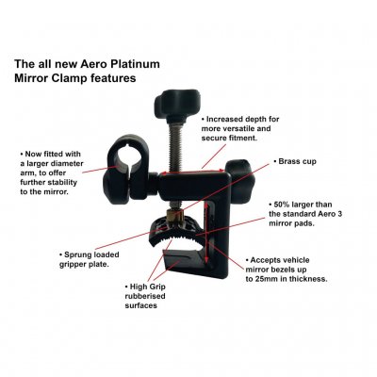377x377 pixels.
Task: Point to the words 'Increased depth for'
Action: click(248, 121)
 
